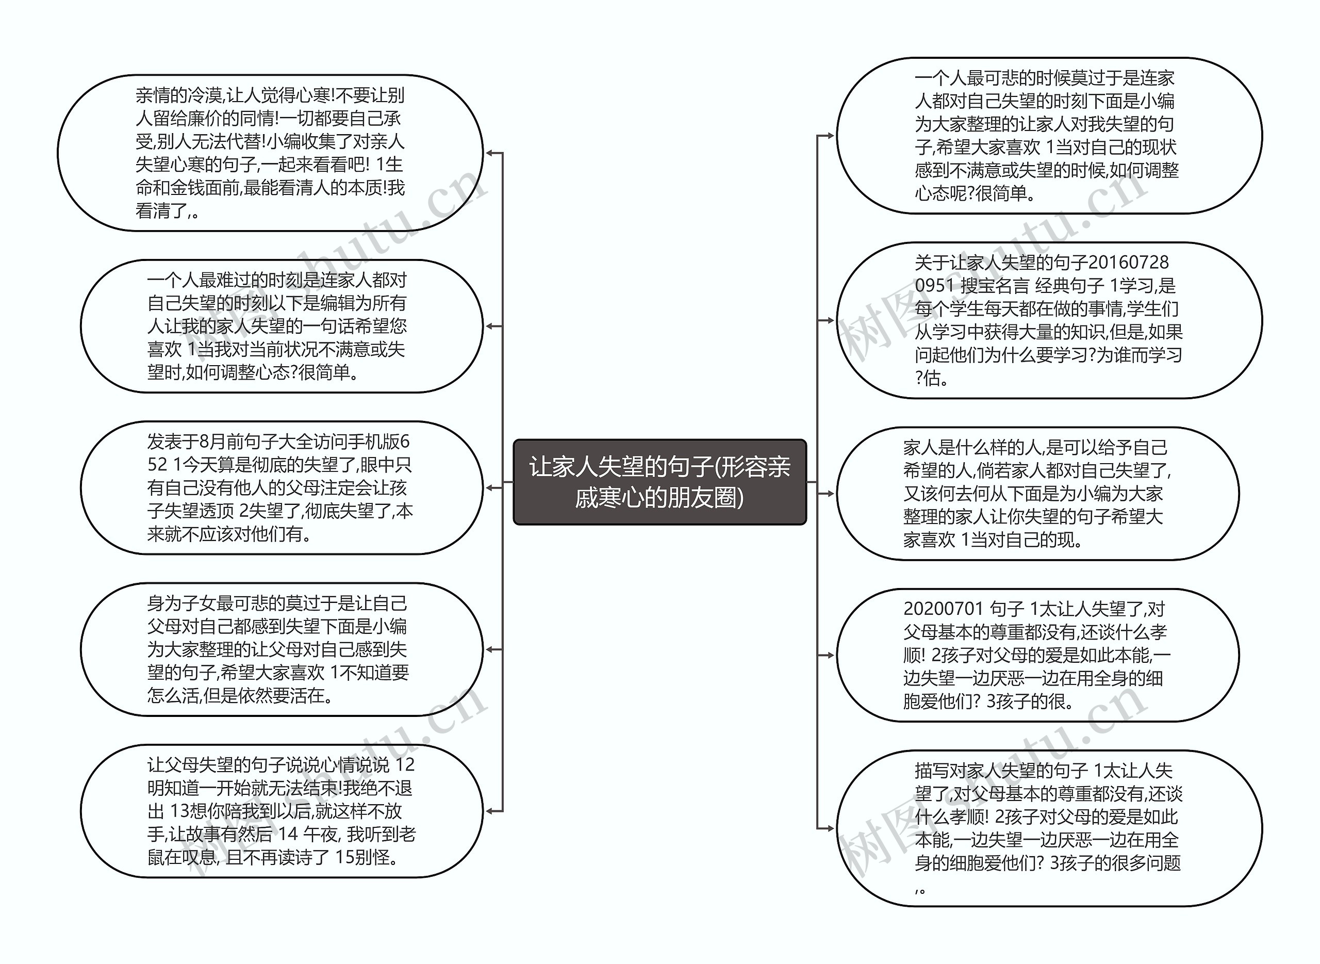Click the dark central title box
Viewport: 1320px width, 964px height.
659,482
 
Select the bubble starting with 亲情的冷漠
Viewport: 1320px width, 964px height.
270,153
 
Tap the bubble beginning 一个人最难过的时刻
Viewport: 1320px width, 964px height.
281,326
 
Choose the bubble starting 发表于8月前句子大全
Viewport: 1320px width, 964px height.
281,488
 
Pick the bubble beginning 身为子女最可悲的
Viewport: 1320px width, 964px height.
281,649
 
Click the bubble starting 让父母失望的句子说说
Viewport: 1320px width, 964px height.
281,811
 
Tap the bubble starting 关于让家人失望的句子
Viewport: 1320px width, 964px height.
1049,320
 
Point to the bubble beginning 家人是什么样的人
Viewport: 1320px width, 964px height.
1037,494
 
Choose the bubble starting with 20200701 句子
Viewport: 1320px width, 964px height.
1037,656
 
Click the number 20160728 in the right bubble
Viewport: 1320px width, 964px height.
1129,263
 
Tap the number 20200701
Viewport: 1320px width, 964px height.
943,609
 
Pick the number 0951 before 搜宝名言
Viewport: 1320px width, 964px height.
934,286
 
